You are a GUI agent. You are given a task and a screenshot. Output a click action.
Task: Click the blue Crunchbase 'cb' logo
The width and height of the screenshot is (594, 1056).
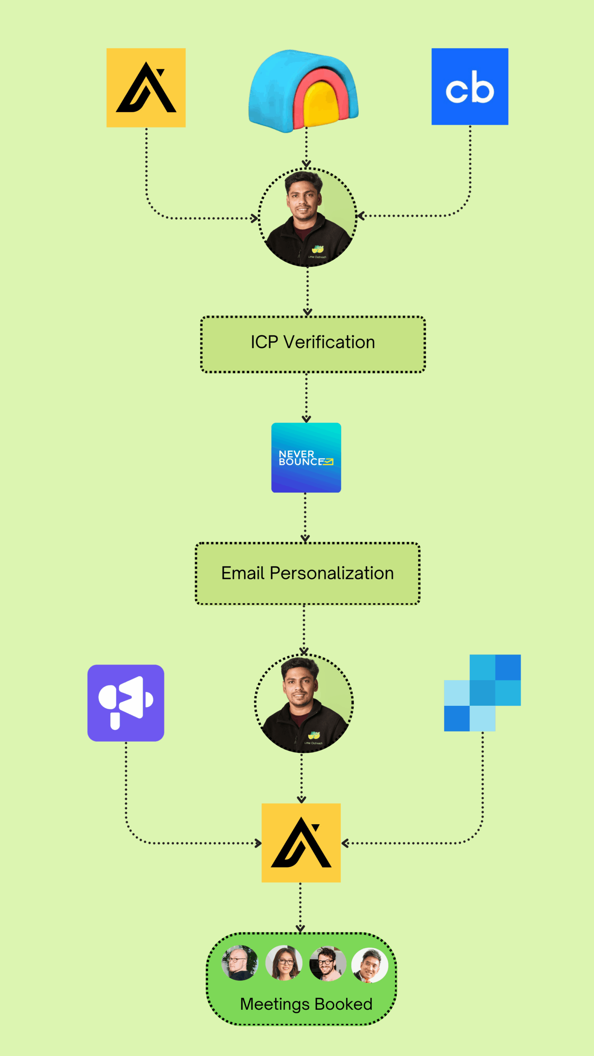tap(469, 87)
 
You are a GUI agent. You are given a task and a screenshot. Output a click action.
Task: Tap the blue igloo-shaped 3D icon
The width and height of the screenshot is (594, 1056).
tap(304, 91)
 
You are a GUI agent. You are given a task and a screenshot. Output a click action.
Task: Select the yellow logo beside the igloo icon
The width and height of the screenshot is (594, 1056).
tap(146, 88)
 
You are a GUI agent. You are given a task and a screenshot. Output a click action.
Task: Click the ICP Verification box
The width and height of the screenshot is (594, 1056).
tap(313, 344)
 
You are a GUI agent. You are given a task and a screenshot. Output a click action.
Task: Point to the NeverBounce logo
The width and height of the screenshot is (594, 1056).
tap(306, 457)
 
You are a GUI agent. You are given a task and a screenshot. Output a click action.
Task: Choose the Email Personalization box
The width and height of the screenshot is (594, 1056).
tap(307, 573)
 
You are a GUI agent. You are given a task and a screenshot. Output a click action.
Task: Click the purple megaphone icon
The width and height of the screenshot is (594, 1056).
tap(126, 703)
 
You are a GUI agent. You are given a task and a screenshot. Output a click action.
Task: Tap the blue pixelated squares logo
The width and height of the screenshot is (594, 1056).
tap(482, 693)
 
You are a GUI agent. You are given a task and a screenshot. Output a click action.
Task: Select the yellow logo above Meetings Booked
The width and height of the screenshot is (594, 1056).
tap(301, 843)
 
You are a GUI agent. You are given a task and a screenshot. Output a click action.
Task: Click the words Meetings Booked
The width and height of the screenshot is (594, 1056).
tap(306, 1004)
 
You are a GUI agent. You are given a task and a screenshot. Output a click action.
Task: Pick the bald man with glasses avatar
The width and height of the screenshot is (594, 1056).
tap(240, 963)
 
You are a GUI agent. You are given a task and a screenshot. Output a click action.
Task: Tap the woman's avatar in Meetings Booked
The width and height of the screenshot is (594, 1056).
tap(284, 963)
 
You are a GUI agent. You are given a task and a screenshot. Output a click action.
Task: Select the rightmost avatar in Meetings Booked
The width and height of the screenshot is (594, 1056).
tap(370, 965)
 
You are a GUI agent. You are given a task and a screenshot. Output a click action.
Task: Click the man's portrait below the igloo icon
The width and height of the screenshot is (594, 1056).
tap(307, 217)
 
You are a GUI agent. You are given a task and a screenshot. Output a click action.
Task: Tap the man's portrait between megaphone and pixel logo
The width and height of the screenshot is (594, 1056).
tap(304, 703)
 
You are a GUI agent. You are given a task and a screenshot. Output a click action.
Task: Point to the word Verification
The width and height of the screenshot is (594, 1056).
tap(329, 342)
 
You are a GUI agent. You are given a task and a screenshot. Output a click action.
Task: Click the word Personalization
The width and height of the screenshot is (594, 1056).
tap(332, 573)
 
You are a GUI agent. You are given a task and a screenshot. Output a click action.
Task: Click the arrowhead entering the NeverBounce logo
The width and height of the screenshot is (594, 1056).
tap(306, 419)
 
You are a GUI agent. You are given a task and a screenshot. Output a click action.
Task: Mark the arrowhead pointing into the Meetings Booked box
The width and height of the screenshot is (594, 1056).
tap(300, 929)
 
